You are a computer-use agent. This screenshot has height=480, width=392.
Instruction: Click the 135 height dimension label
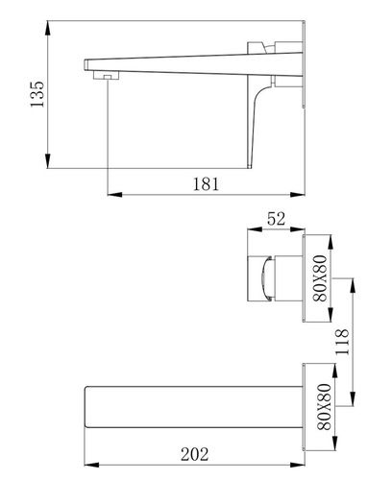pyautogui.click(x=37, y=94)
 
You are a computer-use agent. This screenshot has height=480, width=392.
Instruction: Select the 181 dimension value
pyautogui.click(x=206, y=184)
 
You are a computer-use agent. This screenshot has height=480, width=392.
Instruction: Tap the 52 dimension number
pyautogui.click(x=276, y=219)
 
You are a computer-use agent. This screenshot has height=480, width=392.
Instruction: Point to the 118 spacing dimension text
pyautogui.click(x=342, y=341)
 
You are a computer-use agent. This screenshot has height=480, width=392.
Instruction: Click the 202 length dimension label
pyautogui.click(x=195, y=454)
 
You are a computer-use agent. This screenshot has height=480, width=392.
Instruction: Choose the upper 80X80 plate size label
pyautogui.click(x=320, y=278)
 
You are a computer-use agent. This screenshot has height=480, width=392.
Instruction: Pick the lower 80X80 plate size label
pyautogui.click(x=324, y=407)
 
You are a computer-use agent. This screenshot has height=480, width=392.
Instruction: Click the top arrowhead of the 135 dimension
pyautogui.click(x=48, y=29)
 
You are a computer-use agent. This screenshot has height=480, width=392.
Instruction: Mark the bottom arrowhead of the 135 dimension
pyautogui.click(x=48, y=160)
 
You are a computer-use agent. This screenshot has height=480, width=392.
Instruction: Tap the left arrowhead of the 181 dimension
pyautogui.click(x=114, y=194)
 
